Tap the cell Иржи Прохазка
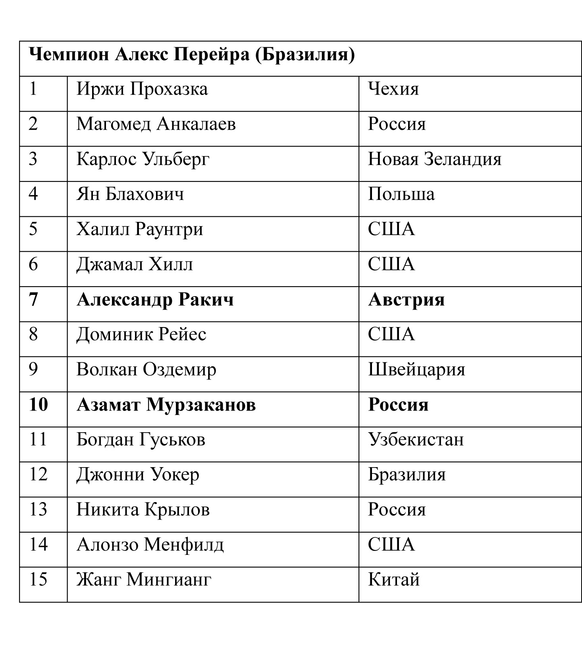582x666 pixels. [x=142, y=89]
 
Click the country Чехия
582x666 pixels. [x=393, y=89]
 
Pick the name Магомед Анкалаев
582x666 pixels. [x=156, y=124]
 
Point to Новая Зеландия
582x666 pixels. [x=434, y=159]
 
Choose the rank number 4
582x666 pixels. [x=33, y=194]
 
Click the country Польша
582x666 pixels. [x=401, y=194]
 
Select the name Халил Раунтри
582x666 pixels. [x=139, y=229]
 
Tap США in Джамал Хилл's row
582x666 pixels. [x=391, y=264]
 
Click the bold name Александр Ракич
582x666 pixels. [x=155, y=300]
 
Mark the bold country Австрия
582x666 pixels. [x=406, y=300]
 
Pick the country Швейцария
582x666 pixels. [x=416, y=370]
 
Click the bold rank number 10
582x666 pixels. [x=39, y=404]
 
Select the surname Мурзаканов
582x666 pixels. [x=201, y=405]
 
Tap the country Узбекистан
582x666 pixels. [x=416, y=440]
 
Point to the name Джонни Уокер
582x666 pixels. [x=137, y=475]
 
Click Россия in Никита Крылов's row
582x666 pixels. [x=396, y=510]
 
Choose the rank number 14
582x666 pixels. [x=39, y=544]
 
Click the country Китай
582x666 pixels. [x=393, y=580]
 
